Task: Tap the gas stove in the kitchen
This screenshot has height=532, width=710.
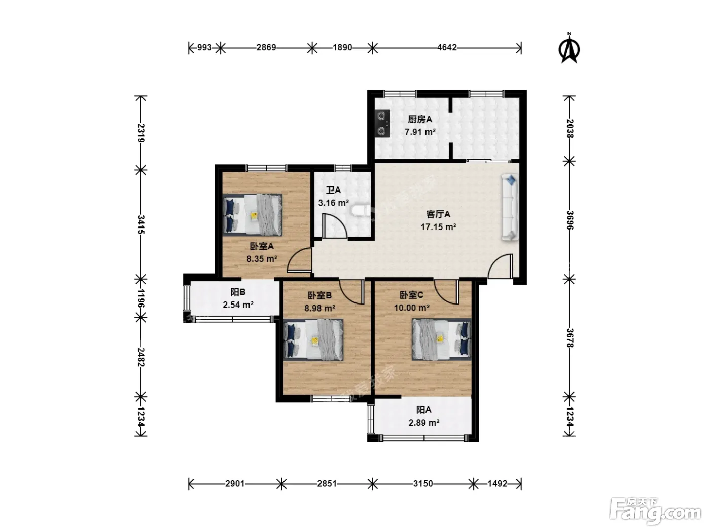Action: coord(382,124)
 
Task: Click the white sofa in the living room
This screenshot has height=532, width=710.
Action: coord(510,207)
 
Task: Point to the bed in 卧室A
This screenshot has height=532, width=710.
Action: coord(252,214)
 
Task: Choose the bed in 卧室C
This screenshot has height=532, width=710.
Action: coord(441,339)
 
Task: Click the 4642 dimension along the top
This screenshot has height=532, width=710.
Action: coord(447,48)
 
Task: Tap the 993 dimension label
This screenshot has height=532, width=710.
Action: coord(204,48)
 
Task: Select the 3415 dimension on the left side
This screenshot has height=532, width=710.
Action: coord(141,224)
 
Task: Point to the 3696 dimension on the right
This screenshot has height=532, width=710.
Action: coord(570,220)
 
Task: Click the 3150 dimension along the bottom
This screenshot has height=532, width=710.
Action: coord(423,483)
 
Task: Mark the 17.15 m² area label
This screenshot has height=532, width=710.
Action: coord(438,227)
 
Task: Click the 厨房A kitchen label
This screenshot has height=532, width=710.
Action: coord(420,120)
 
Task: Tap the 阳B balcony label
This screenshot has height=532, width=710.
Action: coord(238,292)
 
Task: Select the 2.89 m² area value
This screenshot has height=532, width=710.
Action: coord(424,423)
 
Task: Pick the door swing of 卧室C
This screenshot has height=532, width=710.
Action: coord(446,292)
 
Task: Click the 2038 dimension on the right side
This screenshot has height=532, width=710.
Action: coord(570,129)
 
